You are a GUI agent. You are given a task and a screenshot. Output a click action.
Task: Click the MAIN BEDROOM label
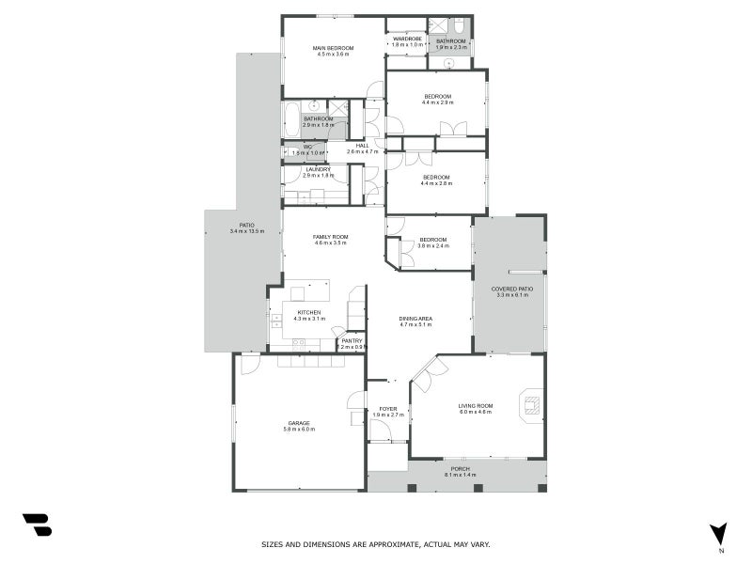333,48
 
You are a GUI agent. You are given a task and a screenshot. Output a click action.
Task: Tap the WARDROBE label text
406,39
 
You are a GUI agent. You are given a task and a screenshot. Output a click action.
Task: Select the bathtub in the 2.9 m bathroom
291,119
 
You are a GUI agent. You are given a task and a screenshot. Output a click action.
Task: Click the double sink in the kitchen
276,325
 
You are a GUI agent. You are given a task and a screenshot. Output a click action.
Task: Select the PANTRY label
352,341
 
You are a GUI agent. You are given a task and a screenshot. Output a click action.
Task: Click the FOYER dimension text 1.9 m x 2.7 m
388,415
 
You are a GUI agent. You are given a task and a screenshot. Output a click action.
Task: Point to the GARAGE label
300,423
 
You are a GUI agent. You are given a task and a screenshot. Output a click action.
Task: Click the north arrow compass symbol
719,533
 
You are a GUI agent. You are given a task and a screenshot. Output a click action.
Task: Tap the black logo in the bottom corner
37,525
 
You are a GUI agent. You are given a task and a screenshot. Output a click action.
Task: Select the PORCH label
460,469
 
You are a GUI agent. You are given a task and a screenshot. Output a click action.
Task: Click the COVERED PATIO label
512,289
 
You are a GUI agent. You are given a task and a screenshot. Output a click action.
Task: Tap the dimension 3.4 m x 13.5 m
246,231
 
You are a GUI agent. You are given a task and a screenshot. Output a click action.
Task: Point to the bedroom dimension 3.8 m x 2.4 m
433,246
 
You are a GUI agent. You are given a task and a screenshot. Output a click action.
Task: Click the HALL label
362,145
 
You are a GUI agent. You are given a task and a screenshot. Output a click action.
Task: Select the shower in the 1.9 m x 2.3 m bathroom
438,26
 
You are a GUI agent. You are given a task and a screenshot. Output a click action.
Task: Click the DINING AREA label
415,320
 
